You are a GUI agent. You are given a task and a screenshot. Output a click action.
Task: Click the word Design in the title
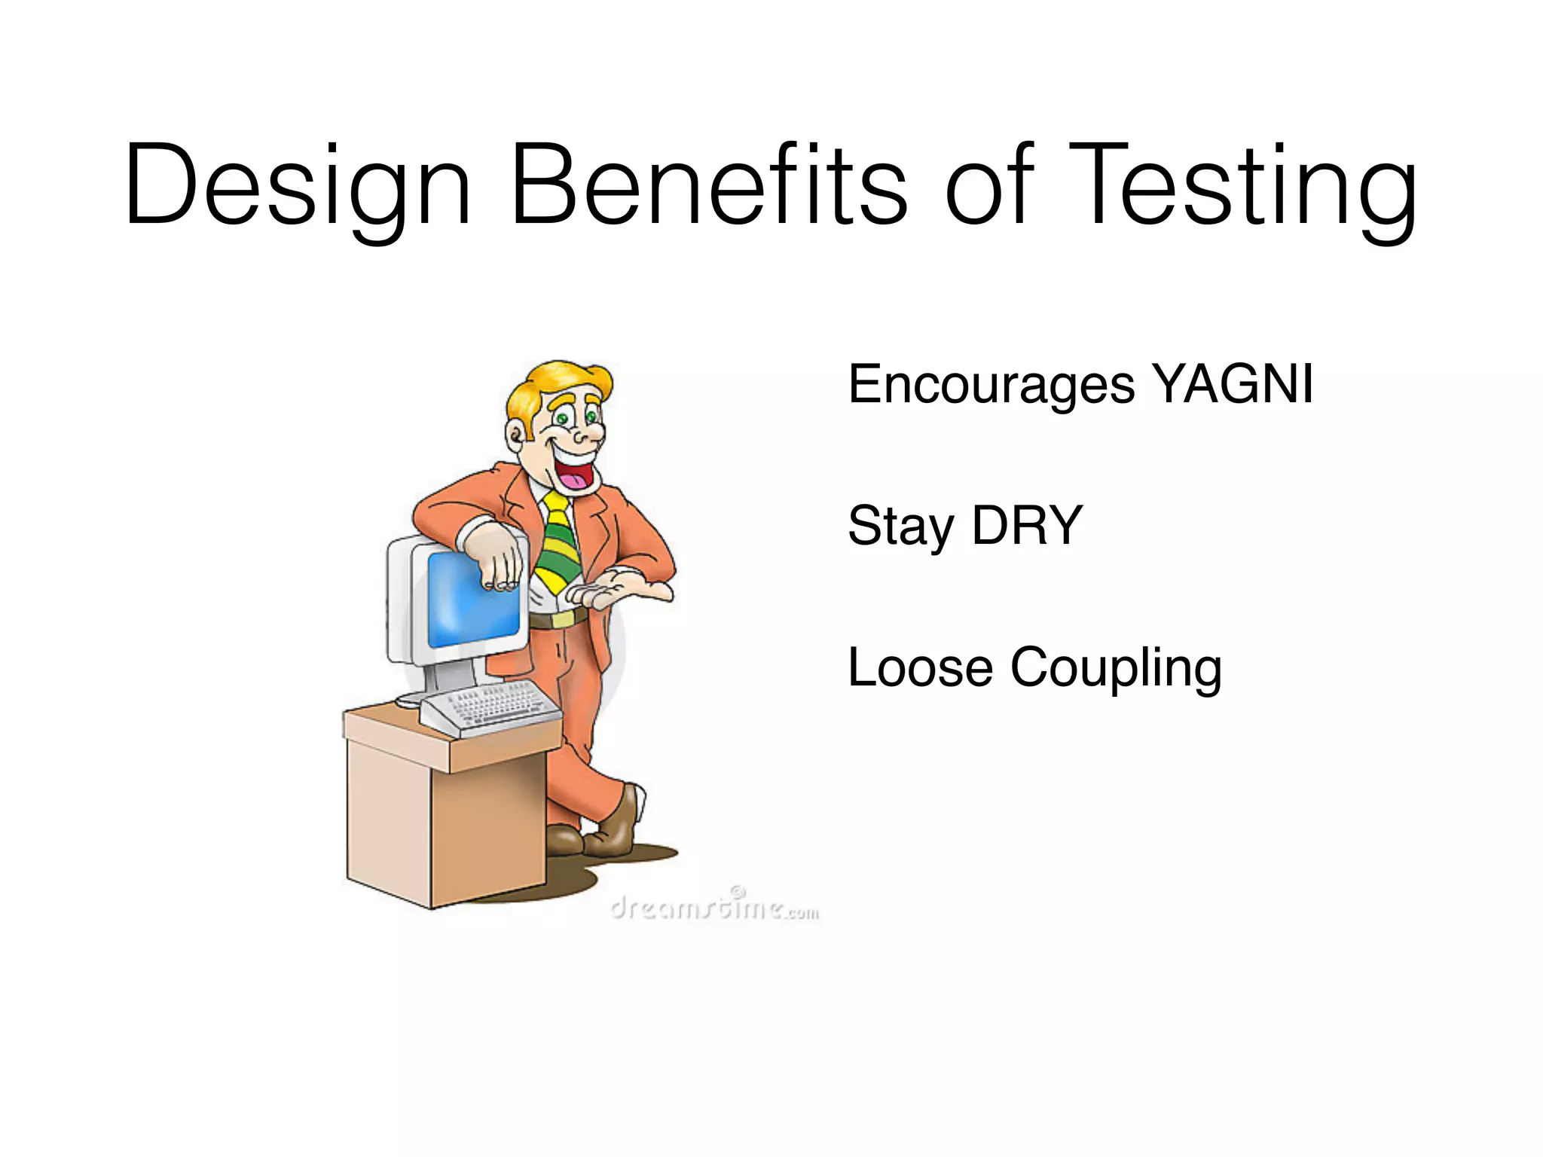point(298,187)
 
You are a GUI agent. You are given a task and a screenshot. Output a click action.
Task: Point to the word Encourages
point(991,386)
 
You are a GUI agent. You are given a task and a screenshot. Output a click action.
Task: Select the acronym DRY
point(1027,525)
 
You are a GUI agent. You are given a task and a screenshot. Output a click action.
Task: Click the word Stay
point(901,527)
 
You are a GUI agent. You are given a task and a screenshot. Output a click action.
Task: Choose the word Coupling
point(1116,669)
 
